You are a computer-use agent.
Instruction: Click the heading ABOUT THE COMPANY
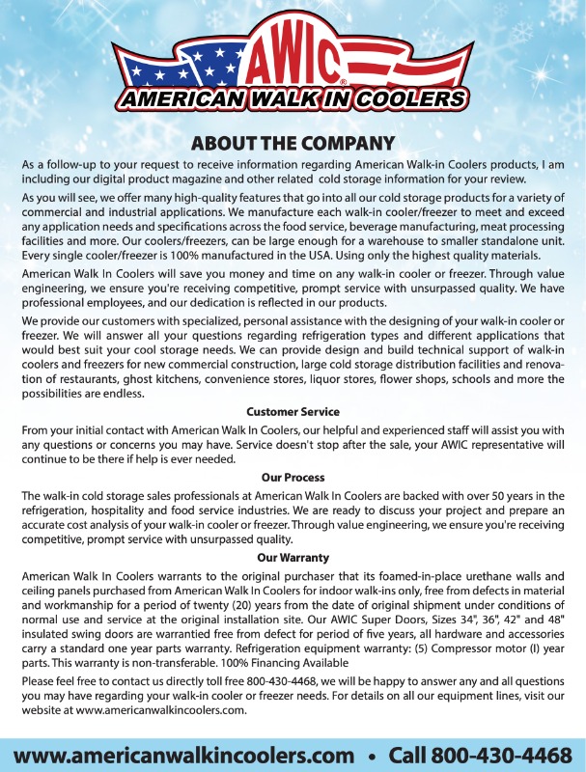[293, 144]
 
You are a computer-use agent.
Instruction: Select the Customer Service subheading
[293, 412]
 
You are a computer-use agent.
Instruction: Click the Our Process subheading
[293, 478]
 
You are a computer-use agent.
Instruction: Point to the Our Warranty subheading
[293, 558]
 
